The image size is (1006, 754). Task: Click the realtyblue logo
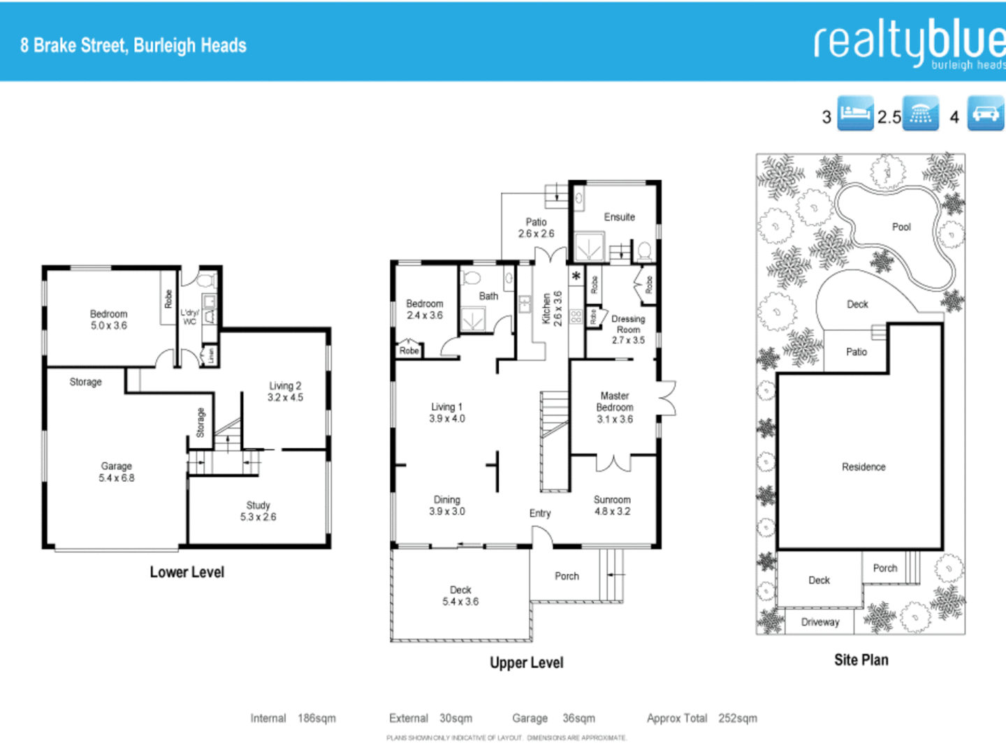coord(908,43)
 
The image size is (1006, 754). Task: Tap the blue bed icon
coord(855,114)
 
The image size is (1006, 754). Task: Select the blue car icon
coord(985,114)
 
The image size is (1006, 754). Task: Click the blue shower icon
coord(920,114)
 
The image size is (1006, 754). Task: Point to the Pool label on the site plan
coord(901,227)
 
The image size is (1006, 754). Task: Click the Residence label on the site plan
coord(863,467)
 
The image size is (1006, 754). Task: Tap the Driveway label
coord(820,622)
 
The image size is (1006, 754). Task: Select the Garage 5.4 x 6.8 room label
coord(117,472)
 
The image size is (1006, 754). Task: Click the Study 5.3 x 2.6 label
coord(258,511)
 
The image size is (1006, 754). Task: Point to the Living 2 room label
coord(285,392)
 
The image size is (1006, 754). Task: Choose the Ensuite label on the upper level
coord(619,217)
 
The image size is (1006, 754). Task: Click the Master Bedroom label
coord(615,407)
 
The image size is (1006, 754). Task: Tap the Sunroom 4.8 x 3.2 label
coord(612,505)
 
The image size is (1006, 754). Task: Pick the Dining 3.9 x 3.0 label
coord(447,505)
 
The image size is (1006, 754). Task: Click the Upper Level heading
coord(526,663)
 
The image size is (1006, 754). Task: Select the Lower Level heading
coord(187,572)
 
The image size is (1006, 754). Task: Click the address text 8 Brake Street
coord(133,45)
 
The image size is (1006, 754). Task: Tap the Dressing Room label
coord(628,329)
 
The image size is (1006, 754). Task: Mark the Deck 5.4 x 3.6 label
coord(460,596)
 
